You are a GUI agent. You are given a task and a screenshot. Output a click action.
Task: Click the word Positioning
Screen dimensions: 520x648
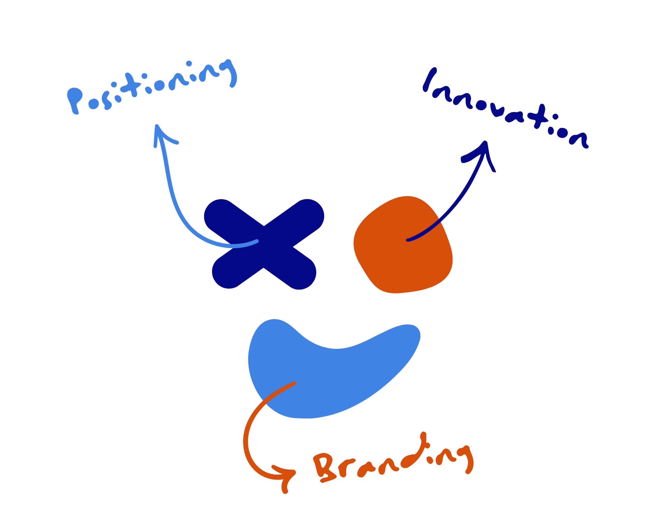tap(150, 87)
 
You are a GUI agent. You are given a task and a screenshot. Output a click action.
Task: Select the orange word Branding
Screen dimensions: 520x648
tap(391, 463)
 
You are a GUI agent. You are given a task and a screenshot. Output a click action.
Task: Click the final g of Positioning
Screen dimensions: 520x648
tap(230, 72)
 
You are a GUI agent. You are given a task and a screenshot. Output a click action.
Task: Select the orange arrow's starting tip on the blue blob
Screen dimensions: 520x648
tap(294, 383)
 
